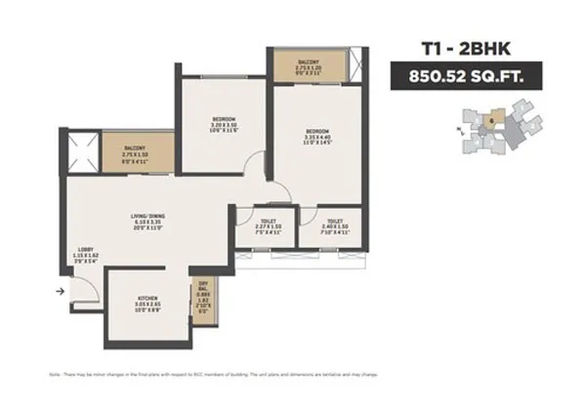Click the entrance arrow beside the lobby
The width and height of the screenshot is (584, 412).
[x=62, y=290]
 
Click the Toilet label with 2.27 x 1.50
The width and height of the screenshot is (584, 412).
[x=258, y=223]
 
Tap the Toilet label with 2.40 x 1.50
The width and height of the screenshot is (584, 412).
[x=334, y=222]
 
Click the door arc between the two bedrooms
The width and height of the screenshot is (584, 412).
[x=256, y=165]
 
